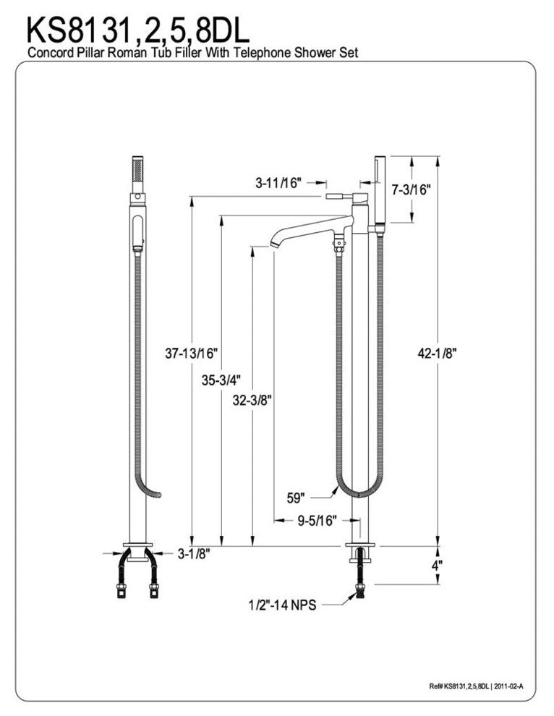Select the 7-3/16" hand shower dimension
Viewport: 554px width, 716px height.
click(x=411, y=190)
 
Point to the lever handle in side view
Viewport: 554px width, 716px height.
click(x=338, y=196)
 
